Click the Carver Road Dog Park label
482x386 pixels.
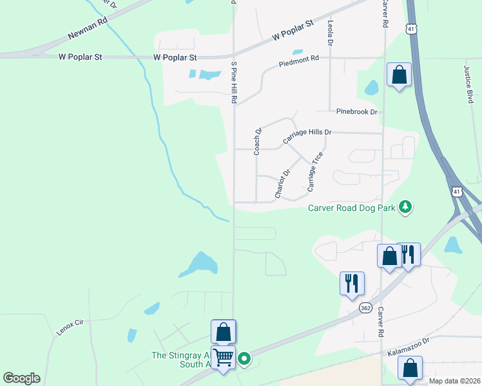tap(351, 207)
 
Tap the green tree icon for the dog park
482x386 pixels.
tap(405, 207)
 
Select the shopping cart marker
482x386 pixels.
tap(223, 357)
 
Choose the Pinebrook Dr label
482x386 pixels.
tap(356, 111)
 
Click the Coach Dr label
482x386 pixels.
tap(257, 142)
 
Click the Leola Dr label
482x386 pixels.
tap(330, 32)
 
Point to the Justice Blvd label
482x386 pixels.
tap(468, 84)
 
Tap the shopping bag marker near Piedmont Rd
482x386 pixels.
tap(400, 75)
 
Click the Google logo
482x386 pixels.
tap(21, 378)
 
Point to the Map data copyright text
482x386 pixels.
tap(454, 381)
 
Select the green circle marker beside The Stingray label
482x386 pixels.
tap(245, 359)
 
